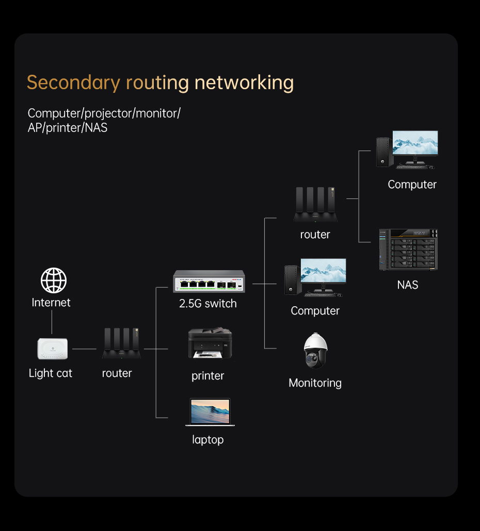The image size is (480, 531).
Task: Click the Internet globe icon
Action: (x=54, y=280)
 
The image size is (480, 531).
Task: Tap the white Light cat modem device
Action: (x=53, y=349)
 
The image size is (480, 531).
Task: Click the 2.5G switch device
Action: (x=209, y=282)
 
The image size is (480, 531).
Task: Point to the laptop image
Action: (x=210, y=412)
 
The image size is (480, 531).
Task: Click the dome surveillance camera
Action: (x=315, y=351)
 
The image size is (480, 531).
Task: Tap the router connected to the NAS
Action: (x=315, y=205)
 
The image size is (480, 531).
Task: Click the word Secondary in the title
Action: (x=73, y=82)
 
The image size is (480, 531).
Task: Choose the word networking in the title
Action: (x=244, y=82)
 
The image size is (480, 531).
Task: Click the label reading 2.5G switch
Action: (x=208, y=304)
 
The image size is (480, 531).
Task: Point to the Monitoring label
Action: (x=315, y=383)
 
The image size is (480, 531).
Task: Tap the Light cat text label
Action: (x=51, y=373)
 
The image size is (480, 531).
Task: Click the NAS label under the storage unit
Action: (x=408, y=285)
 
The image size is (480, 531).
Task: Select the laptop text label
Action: (x=208, y=440)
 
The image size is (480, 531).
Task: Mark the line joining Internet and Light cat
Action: (x=52, y=323)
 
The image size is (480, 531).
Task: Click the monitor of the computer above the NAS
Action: (x=415, y=145)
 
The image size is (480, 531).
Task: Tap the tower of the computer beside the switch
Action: (x=292, y=280)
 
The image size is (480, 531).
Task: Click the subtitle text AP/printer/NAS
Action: (x=68, y=128)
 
